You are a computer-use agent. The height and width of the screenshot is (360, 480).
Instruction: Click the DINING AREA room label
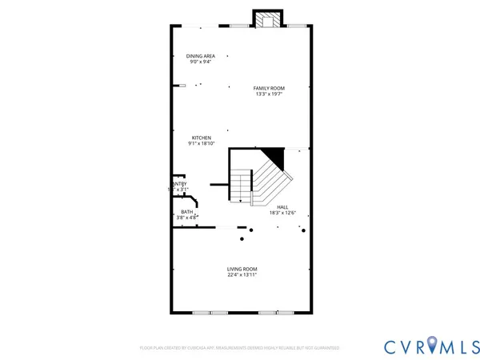point(200,56)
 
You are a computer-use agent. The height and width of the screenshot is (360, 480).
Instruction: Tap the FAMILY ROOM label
point(269,88)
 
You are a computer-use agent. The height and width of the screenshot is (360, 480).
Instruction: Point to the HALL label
point(282,206)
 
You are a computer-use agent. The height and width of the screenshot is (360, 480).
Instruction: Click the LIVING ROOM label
point(242,269)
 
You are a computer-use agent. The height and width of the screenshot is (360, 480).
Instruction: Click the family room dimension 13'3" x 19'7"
point(269,94)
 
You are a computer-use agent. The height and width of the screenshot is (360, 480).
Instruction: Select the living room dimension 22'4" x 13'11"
point(242,275)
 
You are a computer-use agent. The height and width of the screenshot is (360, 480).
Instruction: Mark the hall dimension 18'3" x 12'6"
point(282,213)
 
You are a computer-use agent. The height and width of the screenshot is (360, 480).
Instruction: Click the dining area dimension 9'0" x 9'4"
point(200,62)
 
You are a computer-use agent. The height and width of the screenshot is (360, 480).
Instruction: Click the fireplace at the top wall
point(267,19)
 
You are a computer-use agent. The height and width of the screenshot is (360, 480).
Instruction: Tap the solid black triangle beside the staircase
point(275,156)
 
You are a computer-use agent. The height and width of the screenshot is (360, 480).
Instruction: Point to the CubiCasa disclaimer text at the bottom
point(239,348)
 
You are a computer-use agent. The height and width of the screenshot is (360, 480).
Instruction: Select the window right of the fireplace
point(297,26)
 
